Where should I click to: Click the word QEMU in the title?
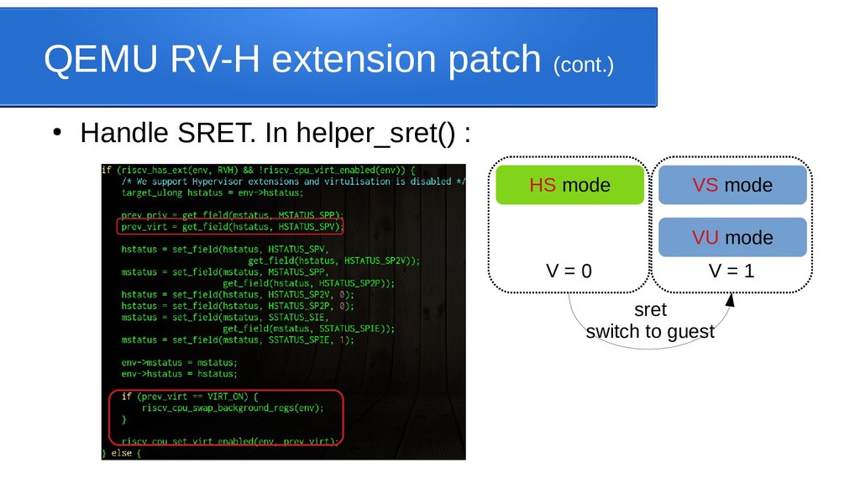point(93,60)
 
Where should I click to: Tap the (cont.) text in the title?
point(583,64)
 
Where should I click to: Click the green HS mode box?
point(569,185)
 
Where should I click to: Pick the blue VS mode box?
point(732,185)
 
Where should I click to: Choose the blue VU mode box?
point(732,237)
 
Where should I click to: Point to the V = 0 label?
point(569,271)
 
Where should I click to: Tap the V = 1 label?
point(732,271)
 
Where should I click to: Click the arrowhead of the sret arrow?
point(730,300)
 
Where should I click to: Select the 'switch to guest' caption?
point(649,331)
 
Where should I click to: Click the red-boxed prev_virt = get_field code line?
point(231,226)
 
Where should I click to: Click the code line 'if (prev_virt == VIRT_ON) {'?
point(192,396)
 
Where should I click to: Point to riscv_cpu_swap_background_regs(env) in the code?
point(232,408)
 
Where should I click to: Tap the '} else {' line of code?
point(122,453)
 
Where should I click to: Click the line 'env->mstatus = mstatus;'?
point(179,362)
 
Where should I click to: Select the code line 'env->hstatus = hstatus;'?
point(179,373)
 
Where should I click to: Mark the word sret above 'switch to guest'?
point(650,310)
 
